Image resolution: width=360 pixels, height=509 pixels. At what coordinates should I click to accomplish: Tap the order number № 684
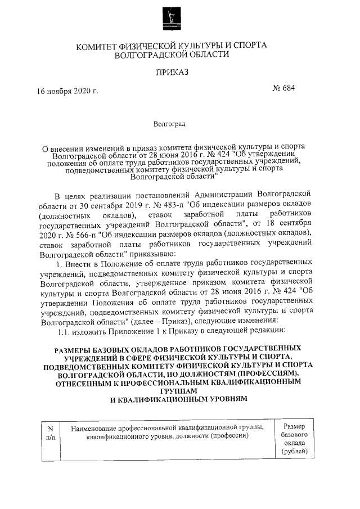pyautogui.click(x=283, y=87)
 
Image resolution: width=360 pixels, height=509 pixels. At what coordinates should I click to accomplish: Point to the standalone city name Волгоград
pyautogui.click(x=171, y=123)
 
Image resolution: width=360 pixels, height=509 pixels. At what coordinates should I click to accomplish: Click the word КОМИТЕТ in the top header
pyautogui.click(x=98, y=46)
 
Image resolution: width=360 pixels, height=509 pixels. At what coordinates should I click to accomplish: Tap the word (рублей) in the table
pyautogui.click(x=294, y=452)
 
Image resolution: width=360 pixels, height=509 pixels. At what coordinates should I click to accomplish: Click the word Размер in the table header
pyautogui.click(x=294, y=427)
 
